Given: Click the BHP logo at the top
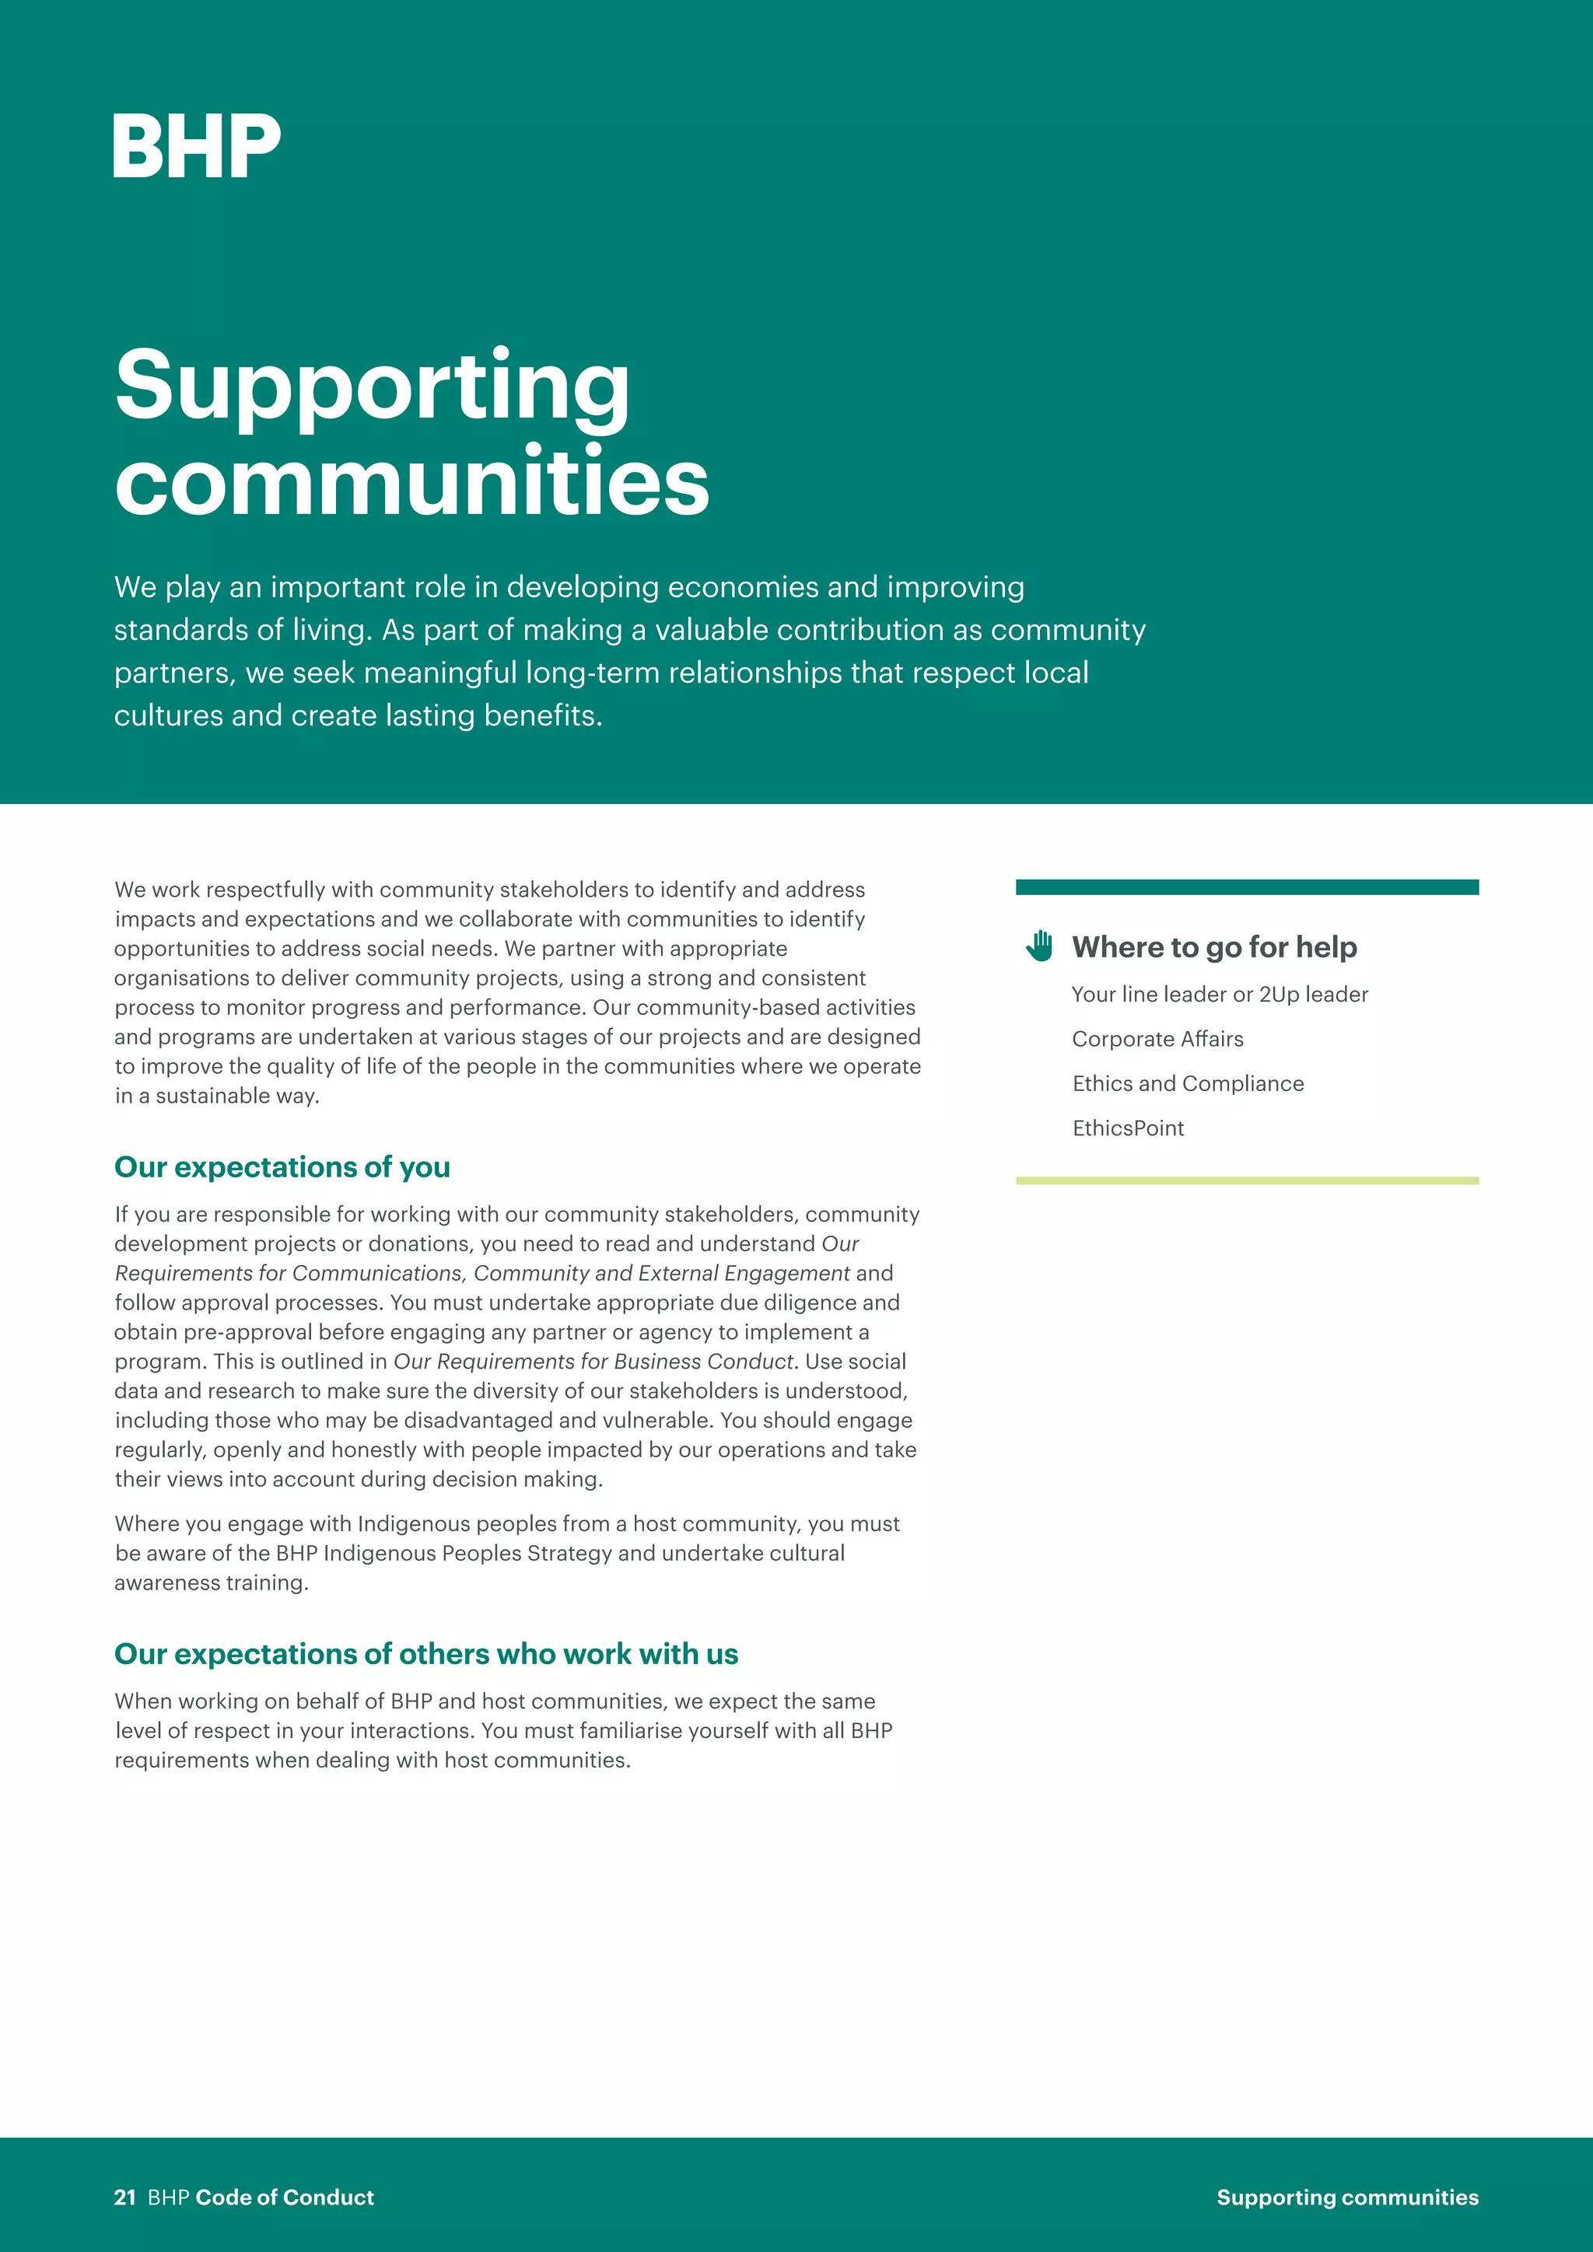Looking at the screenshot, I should pyautogui.click(x=196, y=146).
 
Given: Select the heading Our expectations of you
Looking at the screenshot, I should pyautogui.click(x=282, y=1167).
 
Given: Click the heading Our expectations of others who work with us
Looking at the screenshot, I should pyautogui.click(x=425, y=1654).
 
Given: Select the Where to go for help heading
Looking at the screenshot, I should pyautogui.click(x=1214, y=947).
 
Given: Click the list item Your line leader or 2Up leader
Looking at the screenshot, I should pyautogui.click(x=1220, y=995).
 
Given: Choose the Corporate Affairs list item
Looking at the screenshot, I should pyautogui.click(x=1157, y=1039).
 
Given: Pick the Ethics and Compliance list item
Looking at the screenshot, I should pyautogui.click(x=1188, y=1084).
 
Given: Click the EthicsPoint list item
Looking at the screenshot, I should pyautogui.click(x=1128, y=1128).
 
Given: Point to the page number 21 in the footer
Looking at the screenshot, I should pyautogui.click(x=124, y=2197).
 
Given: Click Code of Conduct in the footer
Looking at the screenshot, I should pyautogui.click(x=285, y=2197).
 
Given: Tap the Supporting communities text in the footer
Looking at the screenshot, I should pyautogui.click(x=1346, y=2197).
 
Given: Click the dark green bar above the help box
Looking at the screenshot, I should pyautogui.click(x=1247, y=887).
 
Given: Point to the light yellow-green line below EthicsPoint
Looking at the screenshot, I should pyautogui.click(x=1247, y=1181).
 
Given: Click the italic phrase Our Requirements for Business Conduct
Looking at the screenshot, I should pyautogui.click(x=593, y=1362).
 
